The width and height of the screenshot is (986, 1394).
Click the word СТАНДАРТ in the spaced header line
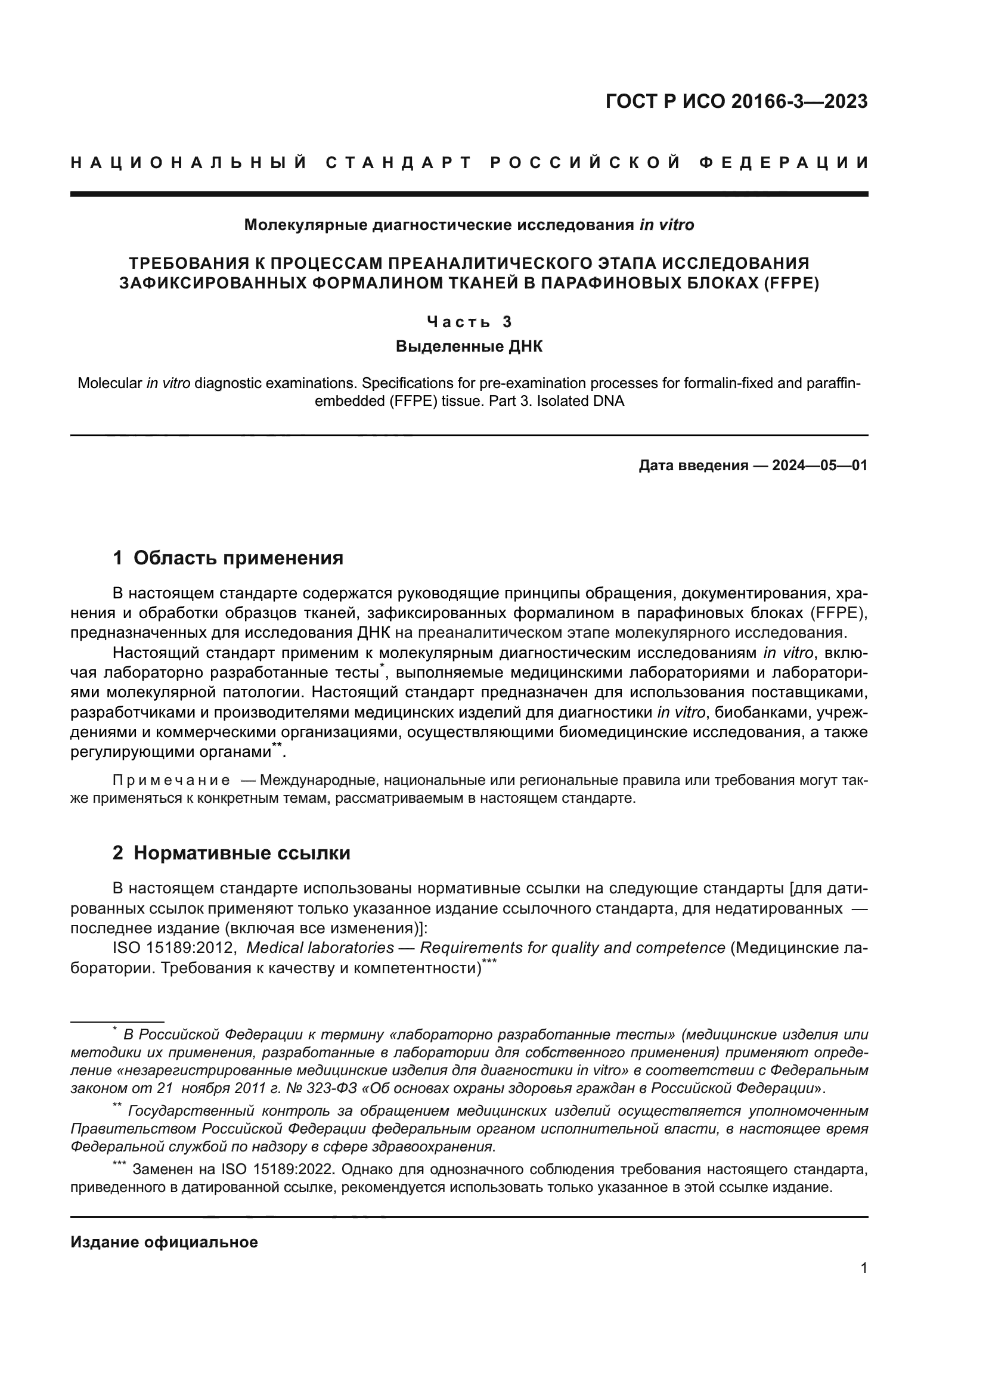point(399,163)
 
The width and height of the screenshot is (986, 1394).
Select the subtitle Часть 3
point(469,322)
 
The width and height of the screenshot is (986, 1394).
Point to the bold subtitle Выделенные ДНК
point(469,347)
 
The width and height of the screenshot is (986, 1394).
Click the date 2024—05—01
point(819,465)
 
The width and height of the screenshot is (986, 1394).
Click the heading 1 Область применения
point(228,557)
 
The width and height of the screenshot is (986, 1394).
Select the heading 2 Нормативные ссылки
point(231,853)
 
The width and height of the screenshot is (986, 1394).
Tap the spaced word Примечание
point(171,780)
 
